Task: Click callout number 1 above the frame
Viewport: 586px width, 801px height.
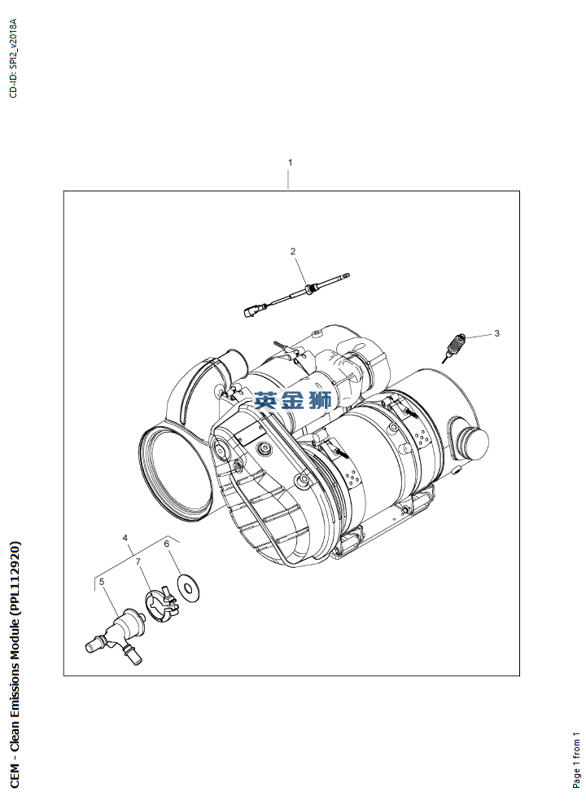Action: [290, 162]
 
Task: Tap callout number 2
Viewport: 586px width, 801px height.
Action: [293, 251]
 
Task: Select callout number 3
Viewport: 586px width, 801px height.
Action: [496, 333]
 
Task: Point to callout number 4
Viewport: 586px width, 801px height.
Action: [125, 538]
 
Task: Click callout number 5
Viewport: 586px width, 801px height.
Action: [102, 581]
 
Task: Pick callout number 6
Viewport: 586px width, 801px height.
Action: [166, 544]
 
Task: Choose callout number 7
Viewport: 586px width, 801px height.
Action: [138, 561]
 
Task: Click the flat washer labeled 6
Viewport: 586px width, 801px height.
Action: [188, 588]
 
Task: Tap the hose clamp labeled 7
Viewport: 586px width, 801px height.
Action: [161, 604]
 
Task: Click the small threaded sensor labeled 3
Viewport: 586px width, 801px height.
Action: [453, 346]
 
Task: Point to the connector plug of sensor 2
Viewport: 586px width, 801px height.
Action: [251, 310]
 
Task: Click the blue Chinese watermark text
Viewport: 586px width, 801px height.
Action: [293, 400]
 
